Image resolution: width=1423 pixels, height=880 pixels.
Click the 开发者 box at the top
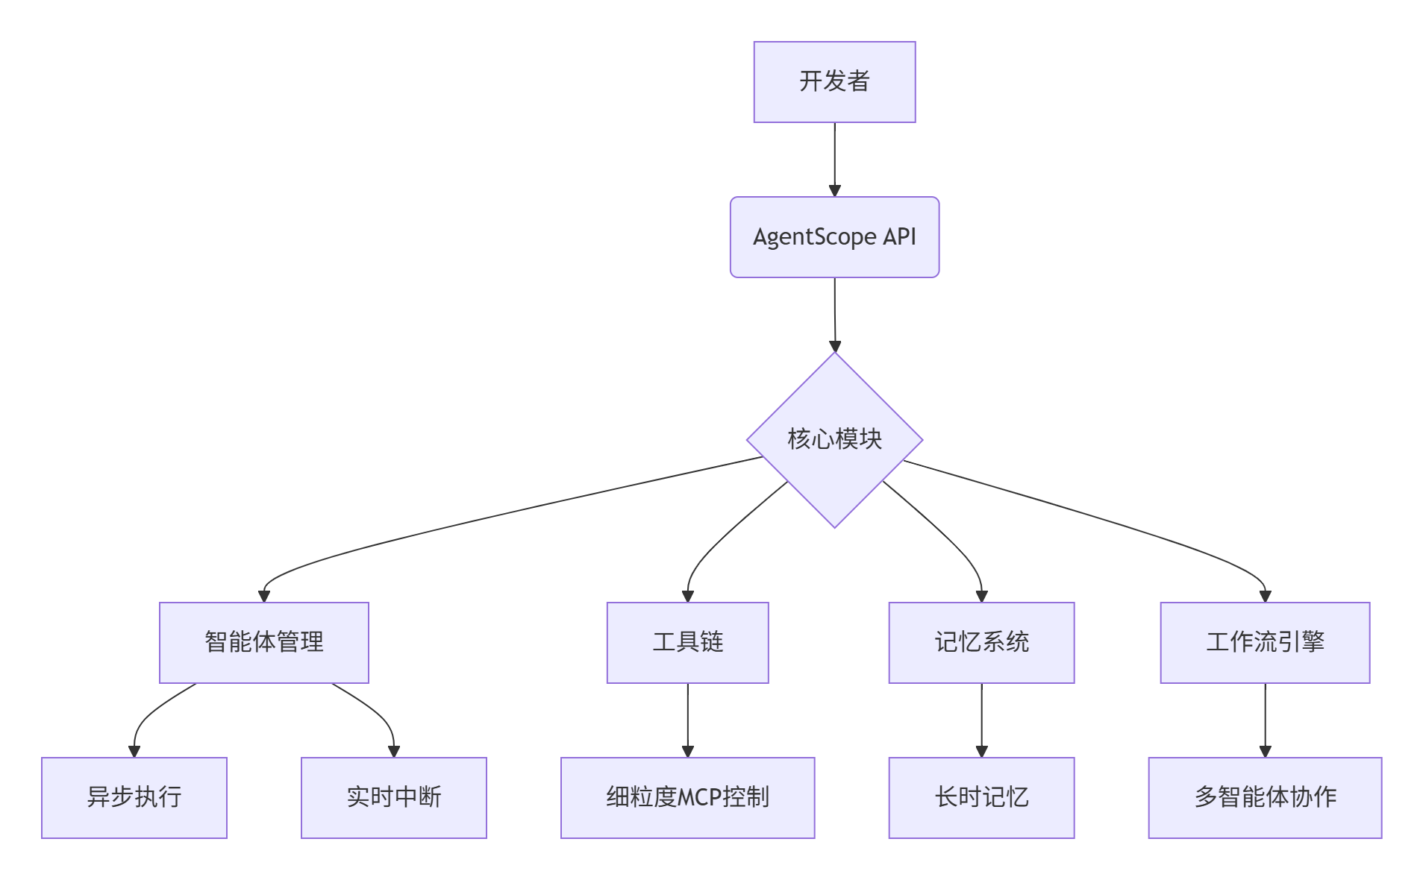834,82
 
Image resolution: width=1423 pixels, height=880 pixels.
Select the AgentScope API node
834,237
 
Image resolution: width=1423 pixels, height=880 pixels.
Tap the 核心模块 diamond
834,439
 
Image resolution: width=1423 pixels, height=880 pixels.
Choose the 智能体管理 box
263,642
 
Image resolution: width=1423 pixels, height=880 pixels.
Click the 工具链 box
687,642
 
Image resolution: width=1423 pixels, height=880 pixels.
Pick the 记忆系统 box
981,642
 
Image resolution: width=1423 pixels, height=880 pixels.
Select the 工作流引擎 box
1265,642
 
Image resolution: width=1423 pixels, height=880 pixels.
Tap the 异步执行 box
134,797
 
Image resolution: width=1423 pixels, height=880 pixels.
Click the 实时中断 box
393,797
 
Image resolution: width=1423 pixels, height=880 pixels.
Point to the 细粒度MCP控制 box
687,797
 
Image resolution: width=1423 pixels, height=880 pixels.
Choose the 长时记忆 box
981,797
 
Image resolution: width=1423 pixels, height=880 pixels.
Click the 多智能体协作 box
1265,797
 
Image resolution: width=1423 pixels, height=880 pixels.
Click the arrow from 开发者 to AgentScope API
834,157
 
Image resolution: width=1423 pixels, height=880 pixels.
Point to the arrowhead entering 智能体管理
263,597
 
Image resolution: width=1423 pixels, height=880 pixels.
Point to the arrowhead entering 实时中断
393,752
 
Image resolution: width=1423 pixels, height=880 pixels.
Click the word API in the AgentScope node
899,237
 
